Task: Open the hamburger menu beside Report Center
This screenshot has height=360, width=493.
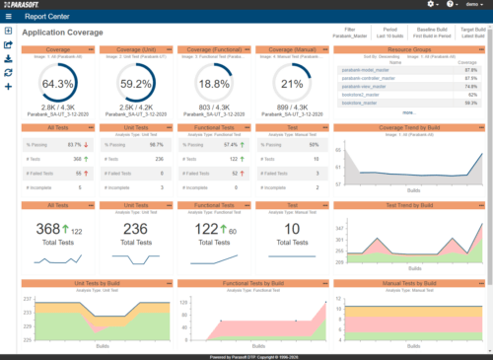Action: (8, 17)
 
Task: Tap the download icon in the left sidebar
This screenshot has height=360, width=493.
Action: (9, 58)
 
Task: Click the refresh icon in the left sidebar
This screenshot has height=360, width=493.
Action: (9, 72)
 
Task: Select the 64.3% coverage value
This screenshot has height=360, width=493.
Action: (58, 84)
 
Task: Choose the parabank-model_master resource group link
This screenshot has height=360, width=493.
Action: (366, 71)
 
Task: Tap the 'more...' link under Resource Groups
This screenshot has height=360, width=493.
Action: (408, 111)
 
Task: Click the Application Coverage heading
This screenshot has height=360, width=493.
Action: (61, 33)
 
